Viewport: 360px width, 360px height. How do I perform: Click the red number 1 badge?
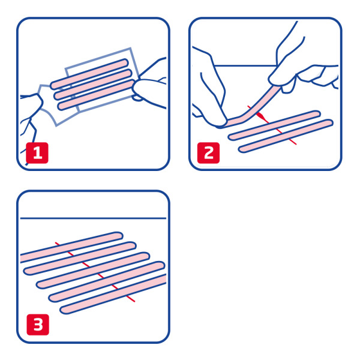click(37, 153)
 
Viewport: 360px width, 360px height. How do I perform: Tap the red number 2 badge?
click(208, 153)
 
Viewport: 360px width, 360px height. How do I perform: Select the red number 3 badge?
click(38, 325)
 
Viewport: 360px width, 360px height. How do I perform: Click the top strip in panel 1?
click(89, 74)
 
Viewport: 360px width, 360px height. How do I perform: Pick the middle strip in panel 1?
click(93, 84)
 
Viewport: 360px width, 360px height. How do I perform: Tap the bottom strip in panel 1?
click(97, 95)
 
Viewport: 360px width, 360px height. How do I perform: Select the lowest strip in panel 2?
click(286, 136)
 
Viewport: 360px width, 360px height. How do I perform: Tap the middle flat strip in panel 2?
click(274, 125)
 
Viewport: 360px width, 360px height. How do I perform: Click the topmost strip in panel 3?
click(71, 247)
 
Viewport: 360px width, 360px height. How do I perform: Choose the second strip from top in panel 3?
click(80, 258)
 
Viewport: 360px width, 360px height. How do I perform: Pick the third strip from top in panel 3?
click(93, 270)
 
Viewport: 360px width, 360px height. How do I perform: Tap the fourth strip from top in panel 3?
click(107, 281)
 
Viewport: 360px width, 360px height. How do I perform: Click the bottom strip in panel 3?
click(113, 294)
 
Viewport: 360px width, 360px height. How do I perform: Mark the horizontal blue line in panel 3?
click(93, 218)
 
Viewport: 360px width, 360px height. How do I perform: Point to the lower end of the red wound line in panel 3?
click(134, 301)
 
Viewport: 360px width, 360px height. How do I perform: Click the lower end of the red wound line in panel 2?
click(296, 144)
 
